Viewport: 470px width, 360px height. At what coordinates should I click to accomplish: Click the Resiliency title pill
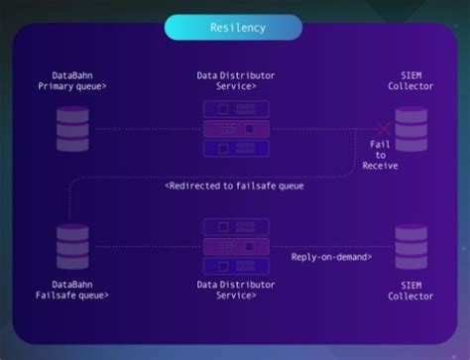pyautogui.click(x=234, y=27)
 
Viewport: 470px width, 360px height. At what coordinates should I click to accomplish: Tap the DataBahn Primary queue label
pyautogui.click(x=73, y=80)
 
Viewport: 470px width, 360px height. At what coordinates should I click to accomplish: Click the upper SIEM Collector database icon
pyautogui.click(x=410, y=129)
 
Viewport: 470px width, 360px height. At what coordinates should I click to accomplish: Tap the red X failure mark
pyautogui.click(x=381, y=128)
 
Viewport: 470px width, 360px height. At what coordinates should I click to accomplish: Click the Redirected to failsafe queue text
pyautogui.click(x=234, y=185)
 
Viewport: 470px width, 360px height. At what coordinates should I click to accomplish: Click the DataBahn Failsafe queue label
pyautogui.click(x=73, y=289)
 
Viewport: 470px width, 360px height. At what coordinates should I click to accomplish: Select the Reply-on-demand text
pyautogui.click(x=331, y=257)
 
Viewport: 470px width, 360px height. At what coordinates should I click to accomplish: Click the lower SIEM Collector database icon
pyautogui.click(x=410, y=246)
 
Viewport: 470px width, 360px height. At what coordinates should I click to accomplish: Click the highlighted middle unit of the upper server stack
pyautogui.click(x=235, y=129)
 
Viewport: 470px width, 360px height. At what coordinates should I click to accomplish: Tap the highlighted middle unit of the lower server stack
pyautogui.click(x=235, y=246)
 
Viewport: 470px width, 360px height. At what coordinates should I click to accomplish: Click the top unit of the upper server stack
pyautogui.click(x=235, y=110)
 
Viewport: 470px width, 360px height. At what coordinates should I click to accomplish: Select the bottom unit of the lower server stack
pyautogui.click(x=235, y=265)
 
